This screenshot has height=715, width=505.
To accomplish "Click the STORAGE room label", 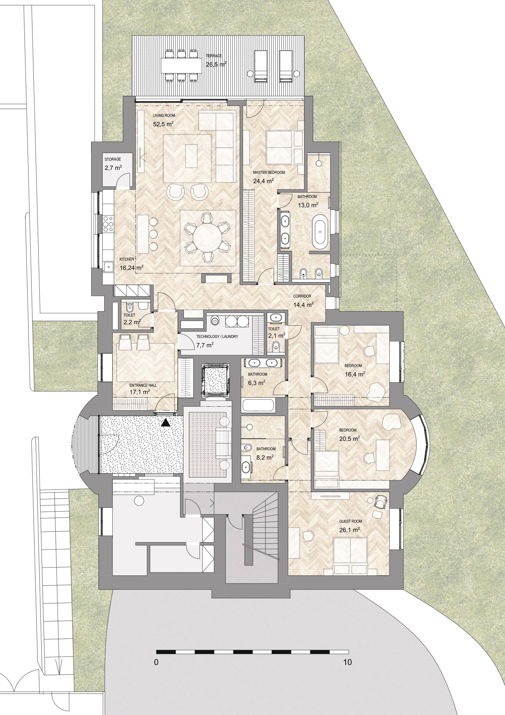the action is (113, 159).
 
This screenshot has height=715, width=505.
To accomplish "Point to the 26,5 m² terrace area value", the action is (216, 64).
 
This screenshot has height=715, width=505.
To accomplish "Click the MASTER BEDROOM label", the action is (269, 172).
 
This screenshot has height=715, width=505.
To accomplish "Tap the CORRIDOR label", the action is (302, 296).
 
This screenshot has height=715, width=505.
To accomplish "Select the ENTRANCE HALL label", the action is (143, 385).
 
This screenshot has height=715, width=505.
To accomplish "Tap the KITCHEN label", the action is (127, 259).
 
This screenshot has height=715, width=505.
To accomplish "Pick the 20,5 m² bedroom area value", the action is (349, 438).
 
